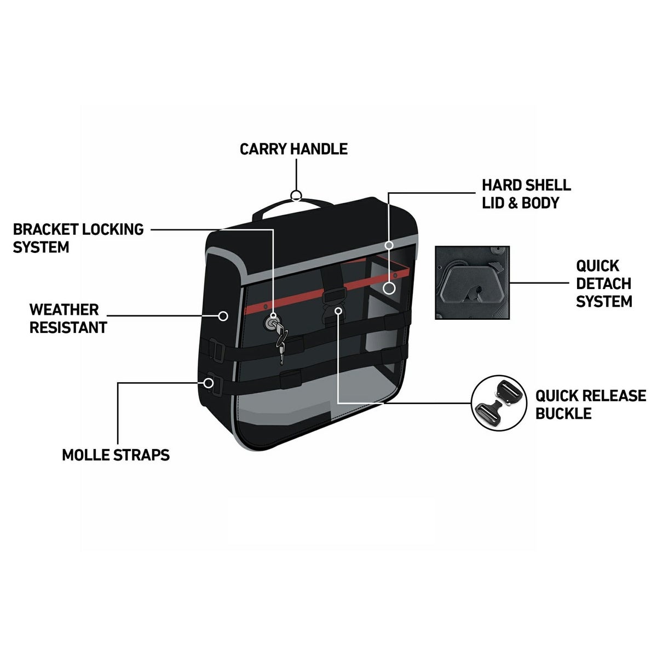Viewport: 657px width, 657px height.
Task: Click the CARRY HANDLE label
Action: pyautogui.click(x=293, y=149)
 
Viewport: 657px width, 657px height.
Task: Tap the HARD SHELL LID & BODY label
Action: pyautogui.click(x=526, y=194)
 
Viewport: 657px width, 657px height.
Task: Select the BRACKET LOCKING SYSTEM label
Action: pyautogui.click(x=78, y=238)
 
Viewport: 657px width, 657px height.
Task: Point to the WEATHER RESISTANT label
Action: pyautogui.click(x=68, y=318)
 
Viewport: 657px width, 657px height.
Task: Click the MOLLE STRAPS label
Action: pyautogui.click(x=116, y=454)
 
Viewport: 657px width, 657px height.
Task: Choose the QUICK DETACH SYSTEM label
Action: pyautogui.click(x=604, y=284)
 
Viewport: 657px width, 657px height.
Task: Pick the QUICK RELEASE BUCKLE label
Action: pyautogui.click(x=591, y=404)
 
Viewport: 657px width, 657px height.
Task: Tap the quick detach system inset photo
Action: pyautogui.click(x=472, y=283)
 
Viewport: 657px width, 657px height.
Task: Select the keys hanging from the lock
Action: pyautogui.click(x=280, y=342)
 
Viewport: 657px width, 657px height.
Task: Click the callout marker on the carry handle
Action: pyautogui.click(x=296, y=195)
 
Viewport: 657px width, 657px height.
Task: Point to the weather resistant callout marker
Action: pyautogui.click(x=223, y=316)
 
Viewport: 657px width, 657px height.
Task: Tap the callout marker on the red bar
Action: pyautogui.click(x=389, y=287)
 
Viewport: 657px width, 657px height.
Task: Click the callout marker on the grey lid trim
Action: pyautogui.click(x=389, y=245)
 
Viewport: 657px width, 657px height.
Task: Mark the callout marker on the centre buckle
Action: pyautogui.click(x=339, y=310)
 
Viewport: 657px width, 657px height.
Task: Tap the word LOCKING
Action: pyautogui.click(x=113, y=229)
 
